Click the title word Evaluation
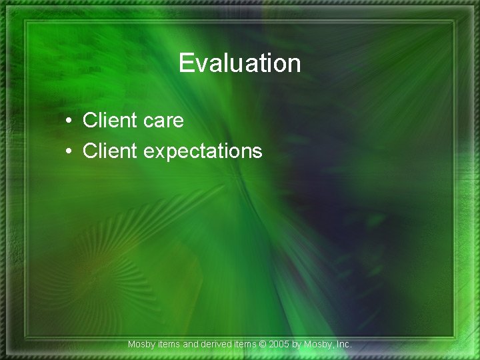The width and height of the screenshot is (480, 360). [x=240, y=63]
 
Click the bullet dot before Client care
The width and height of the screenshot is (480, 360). [x=69, y=121]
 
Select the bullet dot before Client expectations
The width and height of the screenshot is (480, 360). [x=69, y=152]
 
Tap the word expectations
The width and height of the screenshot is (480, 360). [x=203, y=152]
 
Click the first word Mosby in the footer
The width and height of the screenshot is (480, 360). [x=141, y=345]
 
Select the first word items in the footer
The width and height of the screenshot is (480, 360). [x=169, y=345]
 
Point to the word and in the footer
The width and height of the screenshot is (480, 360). [x=191, y=345]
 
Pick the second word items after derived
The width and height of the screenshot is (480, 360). [x=245, y=345]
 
